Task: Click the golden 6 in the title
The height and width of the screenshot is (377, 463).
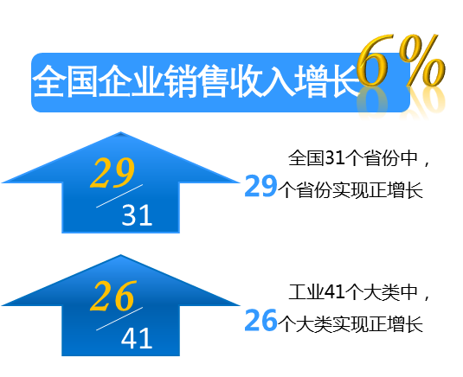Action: (373, 61)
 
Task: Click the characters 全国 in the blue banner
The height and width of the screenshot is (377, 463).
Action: (65, 81)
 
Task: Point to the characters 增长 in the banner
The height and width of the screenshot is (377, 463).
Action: (327, 81)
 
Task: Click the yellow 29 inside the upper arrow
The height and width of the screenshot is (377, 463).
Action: (113, 173)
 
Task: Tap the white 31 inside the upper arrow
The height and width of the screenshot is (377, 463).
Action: (137, 215)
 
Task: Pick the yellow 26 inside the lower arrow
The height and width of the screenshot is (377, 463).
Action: (113, 296)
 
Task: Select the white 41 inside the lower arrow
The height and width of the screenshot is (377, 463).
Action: (137, 338)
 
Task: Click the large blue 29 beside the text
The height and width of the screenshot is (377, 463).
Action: (260, 187)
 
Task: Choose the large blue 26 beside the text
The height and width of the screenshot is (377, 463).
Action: (260, 320)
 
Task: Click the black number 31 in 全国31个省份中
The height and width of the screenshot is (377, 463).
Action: (335, 157)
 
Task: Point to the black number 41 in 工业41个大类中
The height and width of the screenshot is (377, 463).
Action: (335, 292)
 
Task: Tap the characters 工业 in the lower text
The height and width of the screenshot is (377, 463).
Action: (306, 292)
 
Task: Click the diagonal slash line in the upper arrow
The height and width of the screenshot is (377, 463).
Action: (119, 196)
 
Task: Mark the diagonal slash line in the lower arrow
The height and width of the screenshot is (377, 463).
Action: (119, 319)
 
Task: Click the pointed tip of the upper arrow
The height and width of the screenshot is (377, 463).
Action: (120, 132)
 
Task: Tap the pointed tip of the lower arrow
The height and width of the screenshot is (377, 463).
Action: (120, 255)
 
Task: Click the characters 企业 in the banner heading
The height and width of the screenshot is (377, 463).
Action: (131, 81)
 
